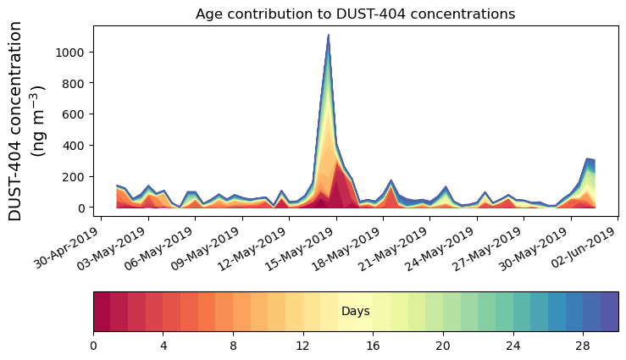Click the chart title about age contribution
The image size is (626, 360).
click(355, 14)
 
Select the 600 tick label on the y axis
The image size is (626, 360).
click(75, 114)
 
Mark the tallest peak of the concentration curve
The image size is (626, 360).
click(328, 36)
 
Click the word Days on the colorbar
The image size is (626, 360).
click(355, 312)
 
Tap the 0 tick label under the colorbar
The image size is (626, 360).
click(93, 346)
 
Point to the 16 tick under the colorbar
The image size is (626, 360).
click(373, 346)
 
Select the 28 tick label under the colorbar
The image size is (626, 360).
click(583, 346)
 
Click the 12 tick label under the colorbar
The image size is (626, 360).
click(303, 346)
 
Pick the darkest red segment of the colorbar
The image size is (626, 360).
click(102, 311)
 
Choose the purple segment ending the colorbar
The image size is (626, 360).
click(609, 311)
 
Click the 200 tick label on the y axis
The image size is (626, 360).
click(75, 176)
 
